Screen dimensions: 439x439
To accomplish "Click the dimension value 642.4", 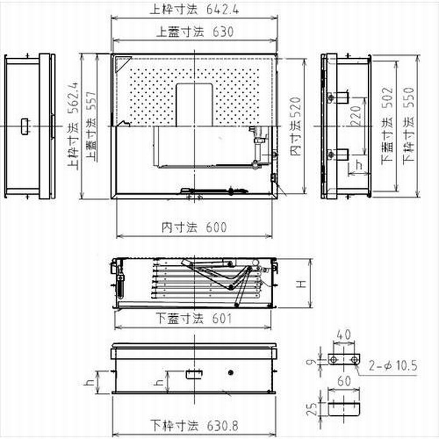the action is (x=223, y=9).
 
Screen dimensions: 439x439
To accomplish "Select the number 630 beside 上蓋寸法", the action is (x=223, y=32).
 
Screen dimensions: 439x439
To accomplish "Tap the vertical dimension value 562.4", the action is (x=74, y=98).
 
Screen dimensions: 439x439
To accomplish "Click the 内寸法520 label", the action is (x=296, y=126).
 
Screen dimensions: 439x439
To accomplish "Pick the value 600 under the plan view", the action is (x=216, y=227).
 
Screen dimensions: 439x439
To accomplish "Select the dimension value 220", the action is (x=356, y=116).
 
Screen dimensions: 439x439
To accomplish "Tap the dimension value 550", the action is (x=409, y=98).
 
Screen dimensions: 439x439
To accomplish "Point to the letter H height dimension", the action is (x=302, y=284).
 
